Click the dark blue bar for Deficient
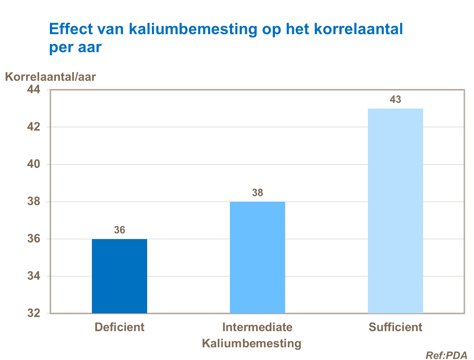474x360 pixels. pos(119,276)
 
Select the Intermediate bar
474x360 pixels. pos(257,257)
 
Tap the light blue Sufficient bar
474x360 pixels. pos(395,211)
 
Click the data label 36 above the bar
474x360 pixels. pos(119,230)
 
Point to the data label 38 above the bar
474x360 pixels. pos(257,193)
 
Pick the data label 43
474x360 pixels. pos(395,100)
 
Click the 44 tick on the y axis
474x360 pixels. pos(34,90)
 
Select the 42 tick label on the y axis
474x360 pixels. pos(34,127)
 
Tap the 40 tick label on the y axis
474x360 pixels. pos(34,164)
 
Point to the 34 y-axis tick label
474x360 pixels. pos(34,276)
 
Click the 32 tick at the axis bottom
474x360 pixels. pos(34,313)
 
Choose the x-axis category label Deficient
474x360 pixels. pos(119,327)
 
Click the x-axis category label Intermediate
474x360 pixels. pos(257,327)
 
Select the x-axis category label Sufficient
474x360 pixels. pos(395,327)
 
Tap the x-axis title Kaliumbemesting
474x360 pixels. pos(251,343)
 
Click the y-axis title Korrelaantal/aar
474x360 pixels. pos(51,77)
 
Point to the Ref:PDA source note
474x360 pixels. pos(446,355)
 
